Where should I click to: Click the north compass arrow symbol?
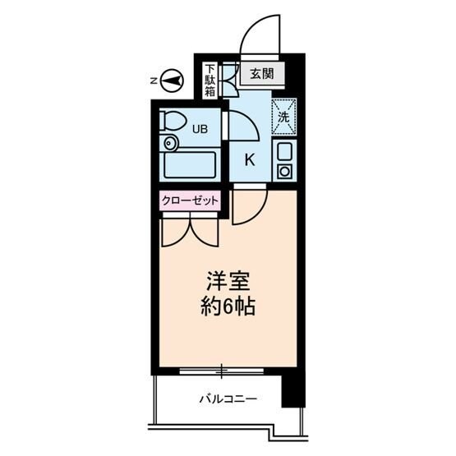(171, 81)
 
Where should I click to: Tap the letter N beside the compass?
(154, 81)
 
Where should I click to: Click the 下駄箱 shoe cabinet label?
(210, 81)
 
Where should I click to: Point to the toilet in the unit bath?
(171, 122)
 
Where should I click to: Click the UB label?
(200, 128)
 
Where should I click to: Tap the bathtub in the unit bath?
(189, 167)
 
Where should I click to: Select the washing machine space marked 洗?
(283, 116)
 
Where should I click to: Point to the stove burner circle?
(283, 172)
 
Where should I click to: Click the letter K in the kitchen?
(251, 159)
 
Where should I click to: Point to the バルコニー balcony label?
(228, 400)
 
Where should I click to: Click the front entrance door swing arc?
(259, 33)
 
